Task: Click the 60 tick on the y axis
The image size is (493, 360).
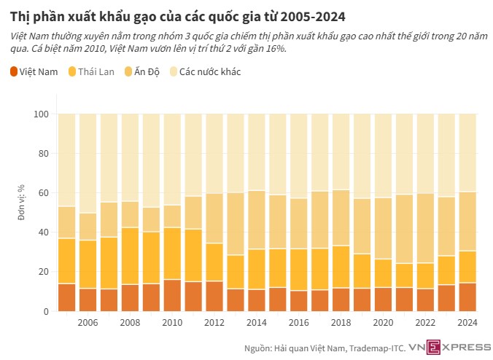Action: [43, 193]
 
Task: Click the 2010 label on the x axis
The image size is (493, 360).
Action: [172, 323]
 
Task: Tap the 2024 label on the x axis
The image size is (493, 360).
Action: [467, 323]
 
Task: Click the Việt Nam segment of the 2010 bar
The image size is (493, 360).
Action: [172, 295]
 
